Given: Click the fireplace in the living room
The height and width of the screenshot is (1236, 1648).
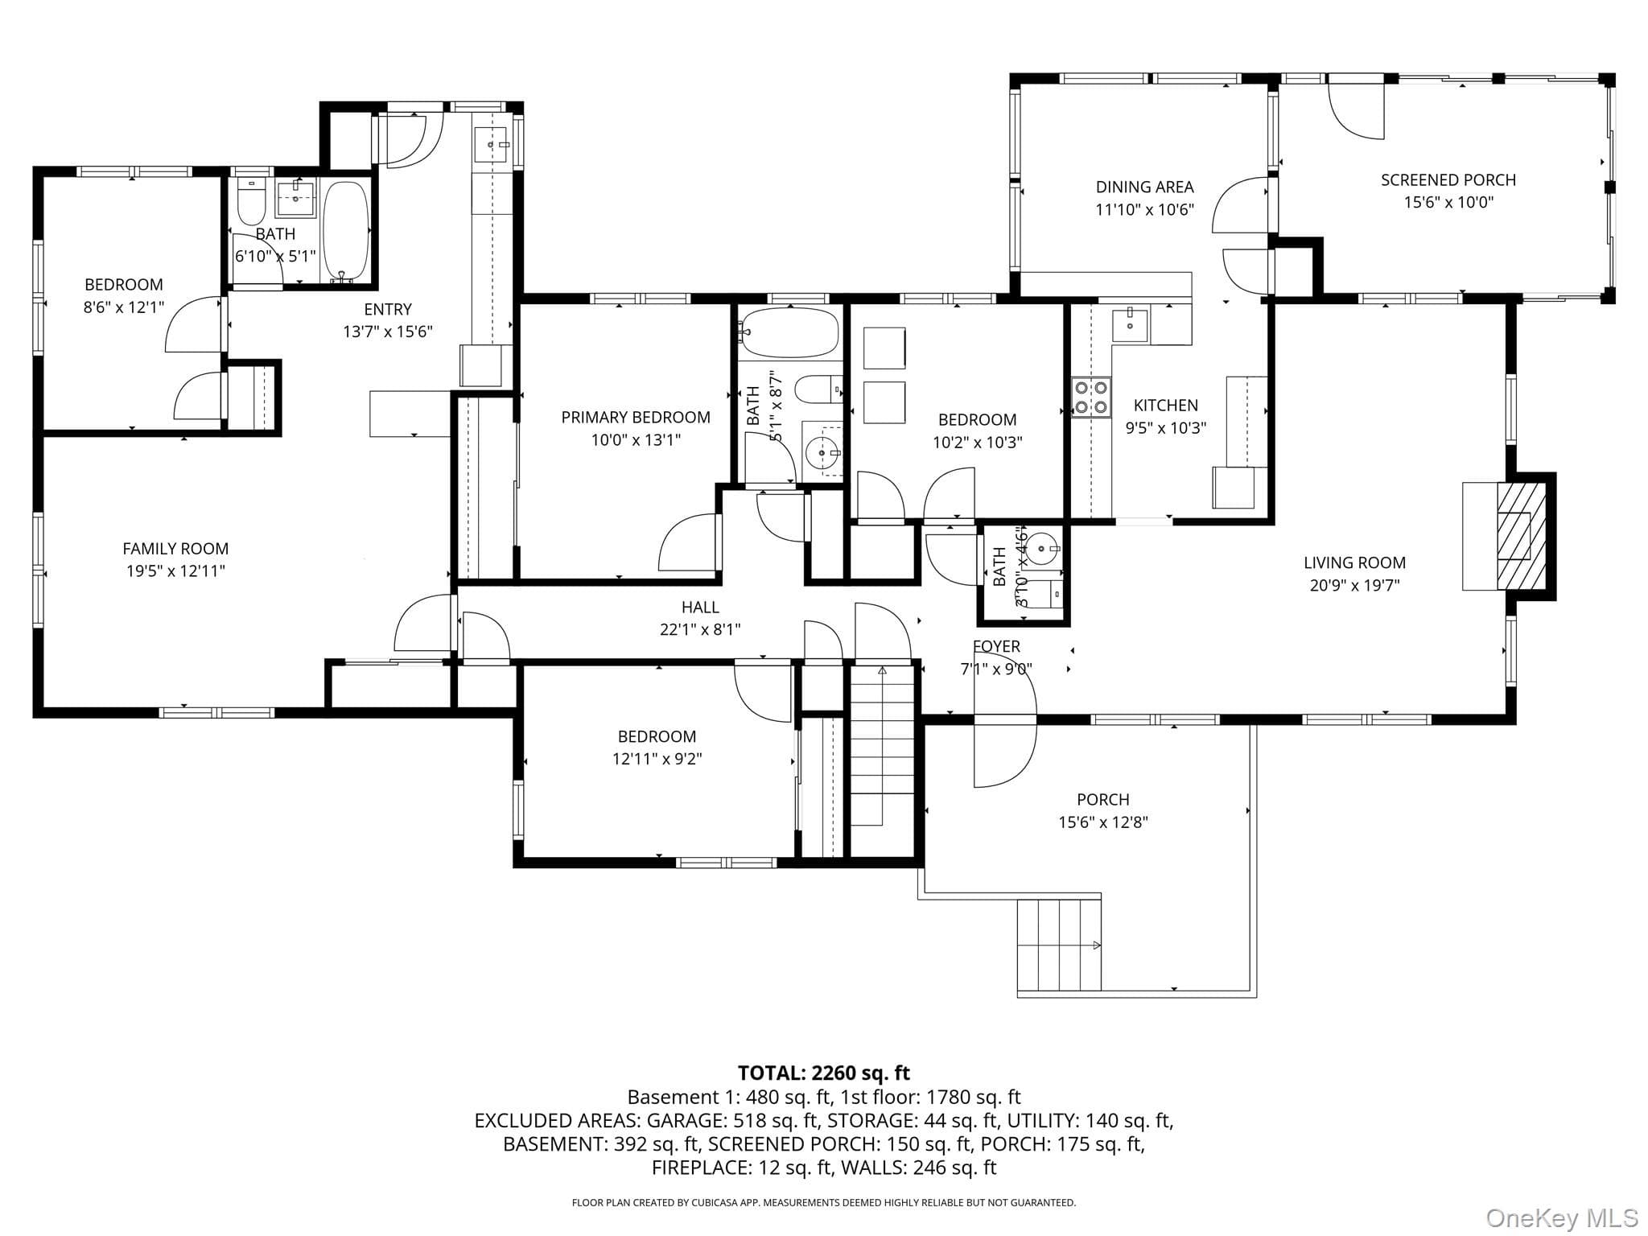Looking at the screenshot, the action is coord(1521,535).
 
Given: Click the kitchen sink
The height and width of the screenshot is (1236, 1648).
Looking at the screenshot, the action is coord(1131,325).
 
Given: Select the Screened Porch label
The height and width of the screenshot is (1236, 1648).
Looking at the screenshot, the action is coord(1448,180).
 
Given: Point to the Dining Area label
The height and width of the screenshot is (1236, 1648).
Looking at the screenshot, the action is coord(1144,187).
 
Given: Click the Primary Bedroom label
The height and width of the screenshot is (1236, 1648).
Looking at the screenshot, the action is coord(636,417).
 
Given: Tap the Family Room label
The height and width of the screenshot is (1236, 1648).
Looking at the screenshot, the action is coord(175,549).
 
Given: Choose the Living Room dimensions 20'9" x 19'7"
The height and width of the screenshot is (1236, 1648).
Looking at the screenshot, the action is coord(1354,586).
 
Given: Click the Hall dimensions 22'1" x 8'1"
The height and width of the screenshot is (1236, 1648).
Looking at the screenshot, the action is coord(700,630).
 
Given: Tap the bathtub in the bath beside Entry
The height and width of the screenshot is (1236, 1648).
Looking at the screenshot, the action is coord(346,231).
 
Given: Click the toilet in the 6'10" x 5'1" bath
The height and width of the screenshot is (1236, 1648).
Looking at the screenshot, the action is coord(252,201).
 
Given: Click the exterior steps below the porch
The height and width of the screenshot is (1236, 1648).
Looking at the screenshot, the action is coord(1059,946).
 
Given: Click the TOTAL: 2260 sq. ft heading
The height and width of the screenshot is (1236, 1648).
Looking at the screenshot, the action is coord(824,1073).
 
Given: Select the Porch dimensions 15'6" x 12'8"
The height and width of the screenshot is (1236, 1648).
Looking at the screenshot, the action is coord(1102,822).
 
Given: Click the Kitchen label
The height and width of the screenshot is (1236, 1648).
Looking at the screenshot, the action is coord(1166,406).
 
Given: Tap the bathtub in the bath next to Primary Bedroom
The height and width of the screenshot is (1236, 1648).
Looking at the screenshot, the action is coord(790,332).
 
